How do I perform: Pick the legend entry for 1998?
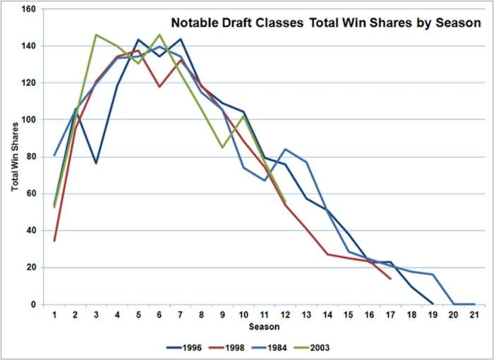pos(231,347)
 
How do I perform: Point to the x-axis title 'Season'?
pos(263,328)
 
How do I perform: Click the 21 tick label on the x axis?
pos(474,315)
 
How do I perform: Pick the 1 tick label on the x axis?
pos(54,315)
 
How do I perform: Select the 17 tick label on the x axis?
pos(390,315)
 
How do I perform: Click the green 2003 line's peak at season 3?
pos(96,35)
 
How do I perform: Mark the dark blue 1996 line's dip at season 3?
pos(96,163)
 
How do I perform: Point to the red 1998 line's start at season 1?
pos(54,241)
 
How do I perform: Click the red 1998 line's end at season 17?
pos(390,278)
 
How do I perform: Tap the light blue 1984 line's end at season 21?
pos(474,304)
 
